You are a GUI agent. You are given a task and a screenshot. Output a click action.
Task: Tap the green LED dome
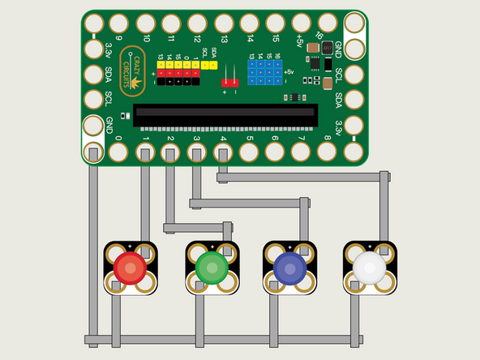coord(210,266)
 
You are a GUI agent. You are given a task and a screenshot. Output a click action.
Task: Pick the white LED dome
coord(369,266)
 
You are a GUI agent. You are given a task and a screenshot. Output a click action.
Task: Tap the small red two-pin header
coord(229,81)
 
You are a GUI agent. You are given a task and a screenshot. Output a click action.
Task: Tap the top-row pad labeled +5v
coord(302,23)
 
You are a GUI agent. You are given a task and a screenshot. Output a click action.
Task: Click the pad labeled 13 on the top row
coord(223,23)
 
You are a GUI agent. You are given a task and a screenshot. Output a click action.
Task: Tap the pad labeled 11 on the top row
coord(171,23)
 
